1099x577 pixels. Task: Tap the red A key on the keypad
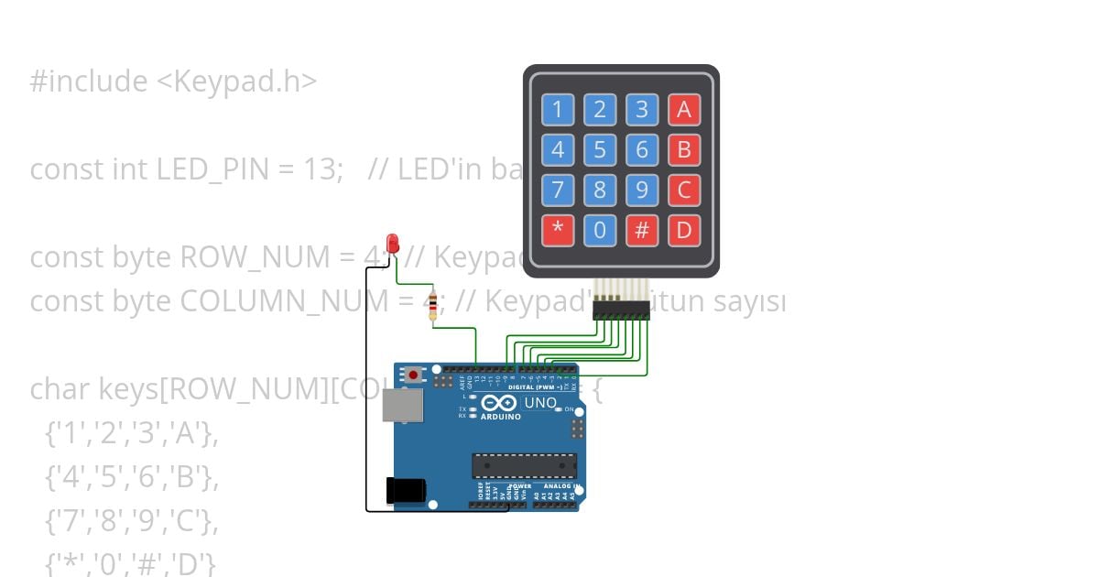(683, 110)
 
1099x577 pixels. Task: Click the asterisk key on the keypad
(557, 230)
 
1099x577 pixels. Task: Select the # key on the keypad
(641, 230)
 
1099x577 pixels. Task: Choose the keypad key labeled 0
(600, 230)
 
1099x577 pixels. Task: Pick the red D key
(683, 230)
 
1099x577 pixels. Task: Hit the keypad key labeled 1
(557, 110)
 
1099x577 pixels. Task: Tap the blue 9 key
(641, 190)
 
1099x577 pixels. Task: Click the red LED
(394, 243)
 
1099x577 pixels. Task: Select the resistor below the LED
(432, 306)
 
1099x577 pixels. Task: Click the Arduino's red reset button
(416, 374)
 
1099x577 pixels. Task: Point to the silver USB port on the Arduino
(402, 405)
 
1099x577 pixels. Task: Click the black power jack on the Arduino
(405, 490)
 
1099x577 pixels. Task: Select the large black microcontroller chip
(524, 465)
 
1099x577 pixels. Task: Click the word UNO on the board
(539, 402)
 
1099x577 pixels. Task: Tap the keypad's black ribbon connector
(621, 311)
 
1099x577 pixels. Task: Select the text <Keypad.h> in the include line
(236, 82)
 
